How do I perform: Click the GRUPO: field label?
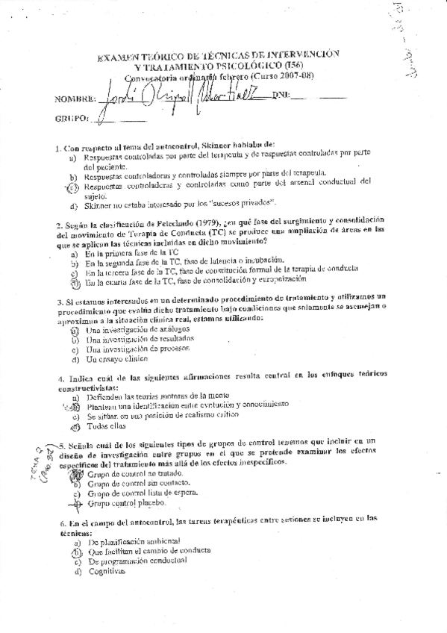click(x=72, y=119)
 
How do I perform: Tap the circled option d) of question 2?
click(x=75, y=284)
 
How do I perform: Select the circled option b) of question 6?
click(x=75, y=552)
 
